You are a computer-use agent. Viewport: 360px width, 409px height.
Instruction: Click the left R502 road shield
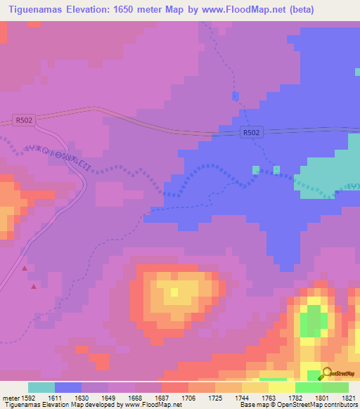coord(23,120)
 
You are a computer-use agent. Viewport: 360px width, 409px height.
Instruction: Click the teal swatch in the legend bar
coord(41,387)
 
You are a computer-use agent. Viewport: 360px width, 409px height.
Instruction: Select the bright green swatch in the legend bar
coord(308,387)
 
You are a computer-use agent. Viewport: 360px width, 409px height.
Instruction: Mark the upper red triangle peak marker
coord(25,268)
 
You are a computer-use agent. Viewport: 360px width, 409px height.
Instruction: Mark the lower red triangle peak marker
coord(33,286)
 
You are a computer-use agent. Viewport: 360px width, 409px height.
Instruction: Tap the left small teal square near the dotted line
coord(256,169)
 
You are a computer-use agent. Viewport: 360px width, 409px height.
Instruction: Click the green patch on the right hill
coord(310,325)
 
